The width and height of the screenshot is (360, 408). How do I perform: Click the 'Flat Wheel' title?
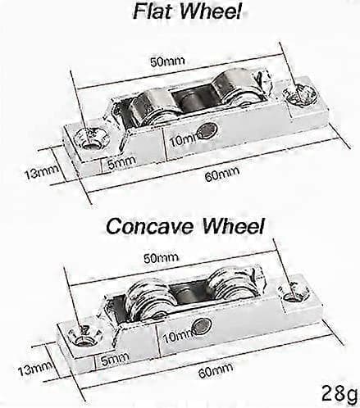(188, 11)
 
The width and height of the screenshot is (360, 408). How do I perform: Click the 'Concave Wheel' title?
(185, 226)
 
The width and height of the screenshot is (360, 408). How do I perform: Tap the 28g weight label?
(339, 393)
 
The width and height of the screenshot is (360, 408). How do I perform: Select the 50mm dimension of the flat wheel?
(167, 61)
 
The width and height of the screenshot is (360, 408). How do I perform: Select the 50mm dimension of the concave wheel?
(161, 257)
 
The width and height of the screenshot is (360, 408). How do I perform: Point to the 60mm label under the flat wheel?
(222, 174)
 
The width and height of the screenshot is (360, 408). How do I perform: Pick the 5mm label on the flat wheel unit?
(121, 162)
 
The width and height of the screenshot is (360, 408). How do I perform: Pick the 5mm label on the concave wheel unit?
(115, 359)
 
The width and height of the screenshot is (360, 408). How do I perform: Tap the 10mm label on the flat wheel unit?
(184, 139)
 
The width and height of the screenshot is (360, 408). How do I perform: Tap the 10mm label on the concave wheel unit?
(177, 336)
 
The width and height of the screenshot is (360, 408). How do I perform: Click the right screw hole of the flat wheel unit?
(300, 95)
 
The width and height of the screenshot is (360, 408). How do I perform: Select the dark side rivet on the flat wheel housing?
(208, 129)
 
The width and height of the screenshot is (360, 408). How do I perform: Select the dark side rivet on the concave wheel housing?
(203, 326)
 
